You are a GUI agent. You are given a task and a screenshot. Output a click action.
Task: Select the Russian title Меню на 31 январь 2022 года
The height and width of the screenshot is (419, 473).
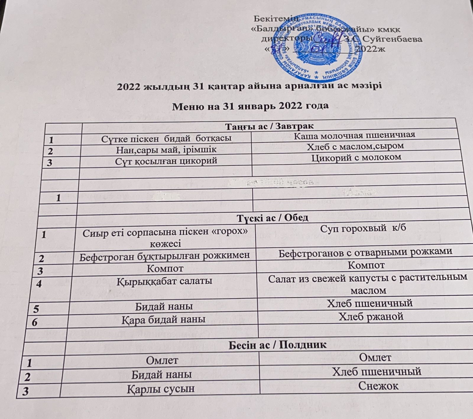click(x=250, y=105)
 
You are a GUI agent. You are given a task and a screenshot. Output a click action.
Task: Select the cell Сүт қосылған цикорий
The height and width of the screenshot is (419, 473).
click(x=159, y=161)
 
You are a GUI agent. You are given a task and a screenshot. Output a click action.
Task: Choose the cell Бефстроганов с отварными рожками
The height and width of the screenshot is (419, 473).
click(x=366, y=252)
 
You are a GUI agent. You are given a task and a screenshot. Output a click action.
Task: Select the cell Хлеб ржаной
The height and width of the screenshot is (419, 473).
click(x=371, y=317)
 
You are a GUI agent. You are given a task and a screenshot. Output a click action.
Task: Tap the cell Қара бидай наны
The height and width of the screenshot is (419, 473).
click(x=163, y=320)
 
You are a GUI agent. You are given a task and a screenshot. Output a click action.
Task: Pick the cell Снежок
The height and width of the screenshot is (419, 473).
click(x=378, y=386)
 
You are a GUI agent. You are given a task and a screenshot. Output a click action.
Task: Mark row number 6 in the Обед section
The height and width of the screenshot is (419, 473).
click(x=35, y=322)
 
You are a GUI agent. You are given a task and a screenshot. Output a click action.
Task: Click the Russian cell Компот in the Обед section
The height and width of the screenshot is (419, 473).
click(x=366, y=265)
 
